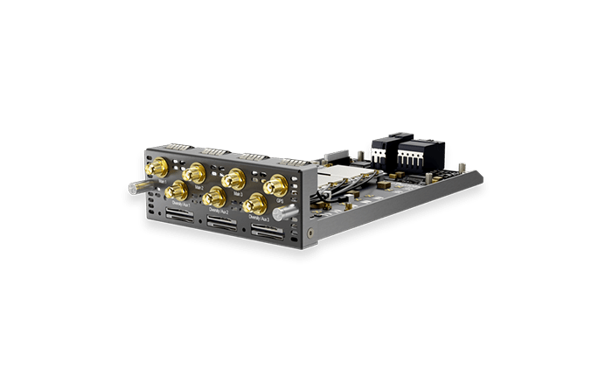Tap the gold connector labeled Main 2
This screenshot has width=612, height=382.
pyautogui.click(x=194, y=172)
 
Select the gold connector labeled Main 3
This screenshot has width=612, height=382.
pyautogui.click(x=233, y=179)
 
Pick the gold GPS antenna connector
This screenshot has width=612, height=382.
pyautogui.click(x=277, y=185)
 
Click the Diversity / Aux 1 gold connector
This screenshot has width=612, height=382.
pyautogui.click(x=174, y=191)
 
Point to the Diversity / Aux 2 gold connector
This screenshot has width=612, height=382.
pyautogui.click(x=212, y=198)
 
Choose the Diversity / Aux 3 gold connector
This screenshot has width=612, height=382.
pyautogui.click(x=254, y=205)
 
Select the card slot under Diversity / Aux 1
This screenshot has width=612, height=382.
pyautogui.click(x=177, y=215)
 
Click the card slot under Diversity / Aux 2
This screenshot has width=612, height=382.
pyautogui.click(x=219, y=223)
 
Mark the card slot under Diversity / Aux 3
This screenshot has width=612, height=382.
pyautogui.click(x=266, y=231)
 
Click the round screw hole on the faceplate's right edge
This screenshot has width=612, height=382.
pyautogui.click(x=312, y=233)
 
